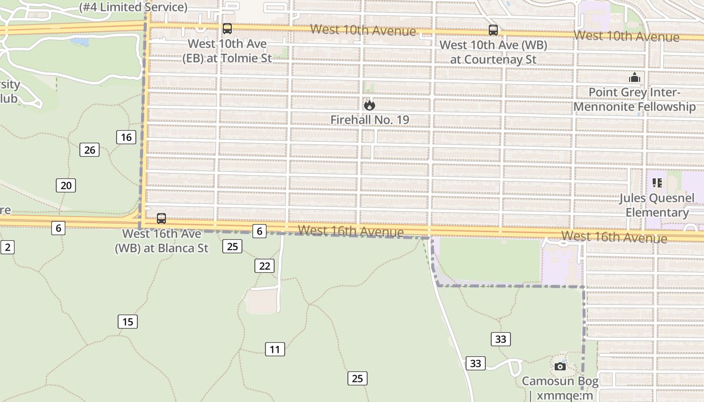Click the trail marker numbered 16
click(x=126, y=137)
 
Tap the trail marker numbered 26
click(x=90, y=150)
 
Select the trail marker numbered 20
click(x=66, y=185)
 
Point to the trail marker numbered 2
click(x=7, y=247)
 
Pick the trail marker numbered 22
click(x=265, y=266)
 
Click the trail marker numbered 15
click(x=128, y=322)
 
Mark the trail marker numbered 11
click(x=275, y=349)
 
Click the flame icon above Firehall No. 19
click(x=370, y=105)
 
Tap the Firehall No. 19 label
click(x=370, y=120)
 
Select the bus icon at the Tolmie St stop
click(x=227, y=29)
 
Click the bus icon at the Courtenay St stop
click(x=493, y=30)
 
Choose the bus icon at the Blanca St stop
click(x=161, y=219)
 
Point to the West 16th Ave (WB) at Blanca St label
click(x=162, y=241)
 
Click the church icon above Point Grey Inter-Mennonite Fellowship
click(x=635, y=78)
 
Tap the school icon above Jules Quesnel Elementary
click(x=657, y=183)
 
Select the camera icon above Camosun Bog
click(x=560, y=366)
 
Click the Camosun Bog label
click(x=560, y=381)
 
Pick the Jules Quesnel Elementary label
click(x=657, y=205)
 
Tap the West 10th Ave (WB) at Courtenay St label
click(x=493, y=52)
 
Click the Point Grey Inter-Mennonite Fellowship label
click(x=635, y=99)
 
